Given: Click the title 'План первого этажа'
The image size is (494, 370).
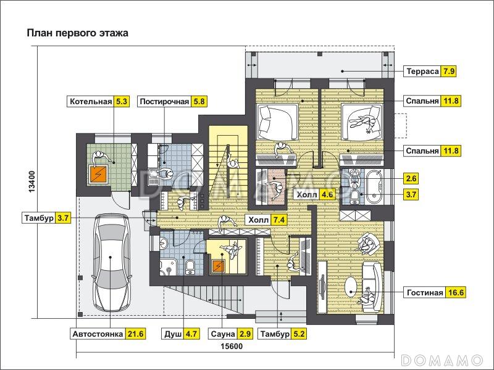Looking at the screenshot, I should [77, 33].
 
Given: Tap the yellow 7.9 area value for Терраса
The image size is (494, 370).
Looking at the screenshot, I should [449, 71].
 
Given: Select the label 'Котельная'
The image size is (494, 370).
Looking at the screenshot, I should [90, 102].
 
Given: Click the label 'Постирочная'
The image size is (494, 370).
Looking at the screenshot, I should [163, 102].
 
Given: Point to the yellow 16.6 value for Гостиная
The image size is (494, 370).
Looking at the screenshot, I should [455, 292].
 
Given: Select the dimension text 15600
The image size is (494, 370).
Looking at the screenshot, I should [232, 347].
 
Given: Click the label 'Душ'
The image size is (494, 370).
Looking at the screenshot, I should [172, 334].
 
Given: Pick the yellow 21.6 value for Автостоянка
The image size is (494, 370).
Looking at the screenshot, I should [136, 334].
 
